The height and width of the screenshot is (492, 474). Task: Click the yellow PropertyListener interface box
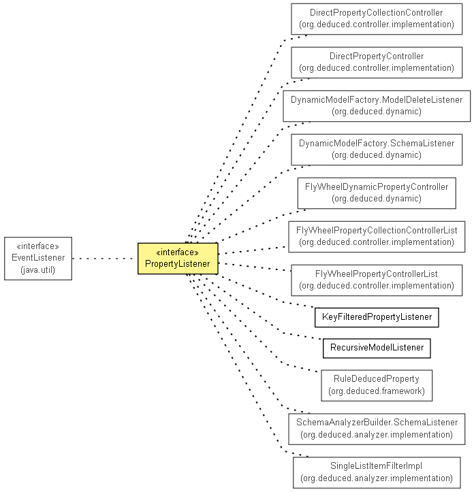pos(178,258)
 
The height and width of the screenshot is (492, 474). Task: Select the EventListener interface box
pos(38,258)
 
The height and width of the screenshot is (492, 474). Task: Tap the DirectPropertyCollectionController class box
pos(377,19)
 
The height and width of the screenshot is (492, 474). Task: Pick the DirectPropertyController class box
pos(377,63)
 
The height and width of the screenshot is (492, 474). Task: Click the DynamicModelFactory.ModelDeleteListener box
pos(377,106)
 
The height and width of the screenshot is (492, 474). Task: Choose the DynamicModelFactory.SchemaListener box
pos(377,150)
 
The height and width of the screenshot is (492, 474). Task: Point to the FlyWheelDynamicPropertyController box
pos(377,193)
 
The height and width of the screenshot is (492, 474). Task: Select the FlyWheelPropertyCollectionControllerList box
pos(377,237)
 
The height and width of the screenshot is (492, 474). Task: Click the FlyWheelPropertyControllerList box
pos(377,280)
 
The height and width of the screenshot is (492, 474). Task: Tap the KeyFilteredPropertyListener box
pos(377,318)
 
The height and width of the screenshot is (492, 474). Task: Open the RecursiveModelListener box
pos(377,348)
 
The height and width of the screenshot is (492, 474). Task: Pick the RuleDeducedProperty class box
pos(377,385)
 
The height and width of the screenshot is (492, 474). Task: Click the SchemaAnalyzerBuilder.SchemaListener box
pos(377,429)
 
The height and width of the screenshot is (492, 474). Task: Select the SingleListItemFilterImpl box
pos(377,472)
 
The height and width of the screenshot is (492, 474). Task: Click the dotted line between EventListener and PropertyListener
pos(105,259)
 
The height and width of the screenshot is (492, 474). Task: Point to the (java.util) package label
pos(38,270)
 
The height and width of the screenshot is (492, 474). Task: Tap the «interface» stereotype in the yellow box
pos(178,252)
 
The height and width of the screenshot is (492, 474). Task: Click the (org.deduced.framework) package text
pos(377,391)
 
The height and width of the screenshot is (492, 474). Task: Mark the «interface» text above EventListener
pos(38,246)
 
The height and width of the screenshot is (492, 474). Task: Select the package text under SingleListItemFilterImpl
pos(377,478)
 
